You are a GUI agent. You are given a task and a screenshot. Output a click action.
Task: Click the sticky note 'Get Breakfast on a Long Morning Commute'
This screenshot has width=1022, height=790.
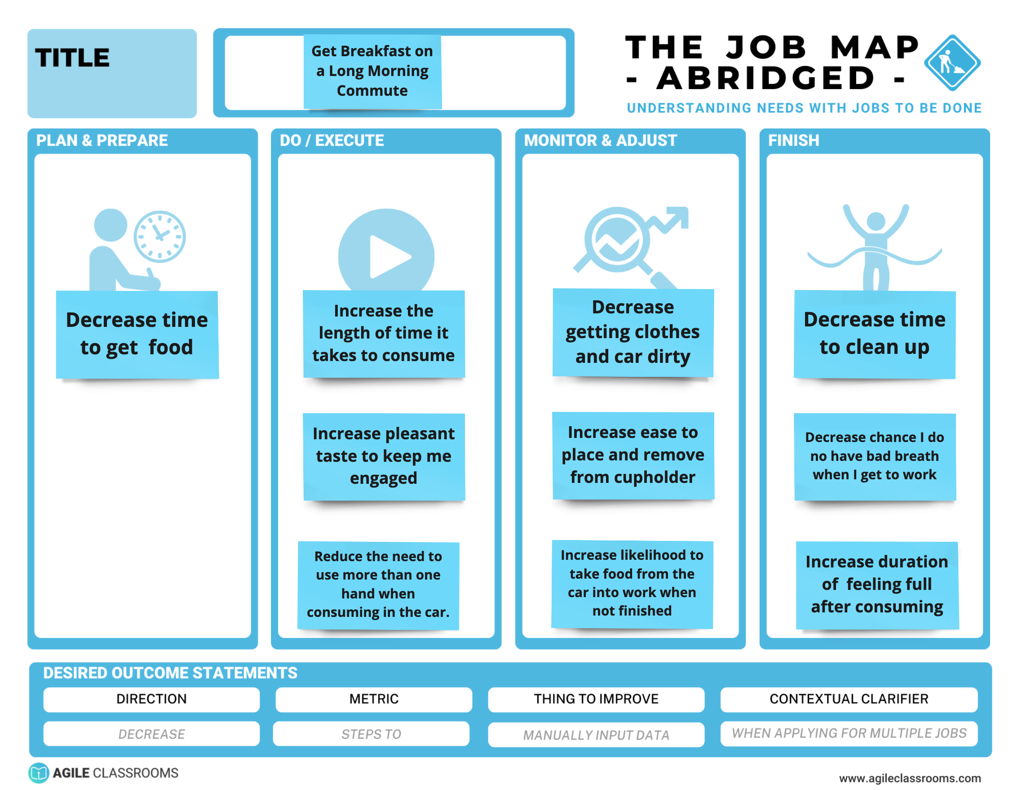coord(372,71)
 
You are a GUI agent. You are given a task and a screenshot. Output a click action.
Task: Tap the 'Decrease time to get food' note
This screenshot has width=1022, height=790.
coord(137,334)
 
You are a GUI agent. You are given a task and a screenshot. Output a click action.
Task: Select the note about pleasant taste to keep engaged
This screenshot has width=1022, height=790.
coord(384,456)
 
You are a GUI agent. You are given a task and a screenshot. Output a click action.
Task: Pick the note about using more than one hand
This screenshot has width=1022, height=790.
coord(378,585)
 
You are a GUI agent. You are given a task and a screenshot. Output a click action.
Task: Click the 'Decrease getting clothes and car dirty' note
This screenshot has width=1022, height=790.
coord(633,332)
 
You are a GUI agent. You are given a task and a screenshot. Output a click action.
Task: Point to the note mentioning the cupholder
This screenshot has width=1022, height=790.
coord(633,455)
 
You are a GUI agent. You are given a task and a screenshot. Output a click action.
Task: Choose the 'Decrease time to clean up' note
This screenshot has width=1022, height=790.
coord(874,334)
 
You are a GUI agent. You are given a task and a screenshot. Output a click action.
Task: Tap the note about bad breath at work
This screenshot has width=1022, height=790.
coord(874,456)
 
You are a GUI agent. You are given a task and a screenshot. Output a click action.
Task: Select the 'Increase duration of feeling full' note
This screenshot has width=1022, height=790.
coord(876,585)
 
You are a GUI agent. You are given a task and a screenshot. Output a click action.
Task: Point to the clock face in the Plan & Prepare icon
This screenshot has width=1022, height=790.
coord(159,236)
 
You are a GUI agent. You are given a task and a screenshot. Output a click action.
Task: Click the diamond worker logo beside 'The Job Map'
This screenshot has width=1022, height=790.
coord(952,62)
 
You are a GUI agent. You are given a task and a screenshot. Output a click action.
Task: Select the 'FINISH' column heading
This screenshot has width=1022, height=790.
coord(794,140)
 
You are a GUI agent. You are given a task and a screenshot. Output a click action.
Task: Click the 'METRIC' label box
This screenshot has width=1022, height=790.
coord(373,699)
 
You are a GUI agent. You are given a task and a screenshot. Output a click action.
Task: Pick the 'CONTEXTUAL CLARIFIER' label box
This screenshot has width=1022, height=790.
coord(849,699)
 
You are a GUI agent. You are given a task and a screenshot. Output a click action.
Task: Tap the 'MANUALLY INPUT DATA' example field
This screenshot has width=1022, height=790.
coord(596,734)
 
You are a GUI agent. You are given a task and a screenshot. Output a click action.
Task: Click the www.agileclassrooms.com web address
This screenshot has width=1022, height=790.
coord(909,778)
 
